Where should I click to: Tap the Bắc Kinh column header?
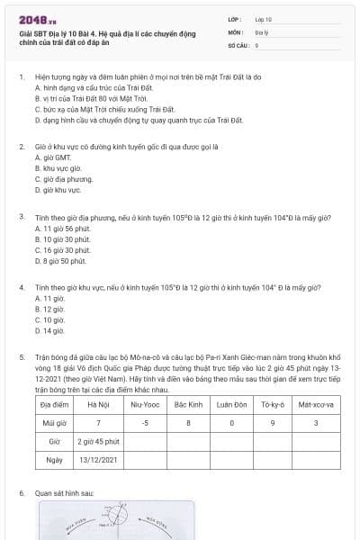pyautogui.click(x=188, y=404)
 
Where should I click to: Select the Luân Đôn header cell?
pyautogui.click(x=232, y=404)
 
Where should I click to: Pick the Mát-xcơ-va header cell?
pyautogui.click(x=316, y=404)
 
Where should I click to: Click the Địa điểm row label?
pyautogui.click(x=55, y=404)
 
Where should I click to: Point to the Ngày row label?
pyautogui.click(x=55, y=461)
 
